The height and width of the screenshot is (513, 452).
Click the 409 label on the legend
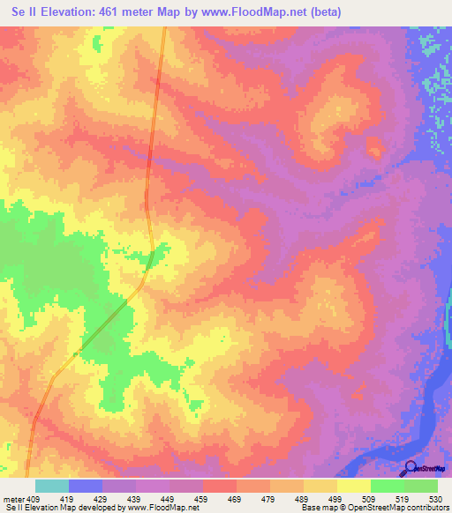[x=34, y=499]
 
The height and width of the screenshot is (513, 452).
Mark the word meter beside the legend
[x=13, y=499]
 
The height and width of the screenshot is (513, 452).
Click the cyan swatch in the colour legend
[x=52, y=486]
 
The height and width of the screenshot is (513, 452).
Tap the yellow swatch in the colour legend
[x=353, y=486]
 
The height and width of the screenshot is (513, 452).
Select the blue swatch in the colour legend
[x=86, y=486]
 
